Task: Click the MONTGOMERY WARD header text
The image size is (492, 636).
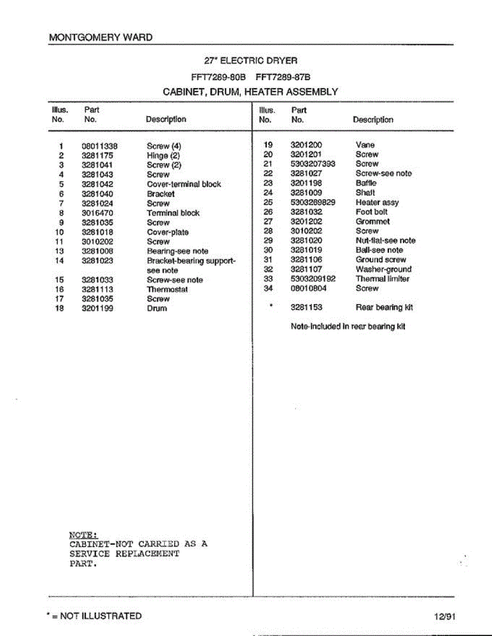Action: tap(100, 38)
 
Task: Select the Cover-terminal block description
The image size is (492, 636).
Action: tap(184, 184)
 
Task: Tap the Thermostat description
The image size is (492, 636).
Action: tap(167, 289)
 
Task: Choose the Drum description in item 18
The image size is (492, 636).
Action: tap(157, 308)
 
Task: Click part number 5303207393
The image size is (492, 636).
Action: tap(313, 164)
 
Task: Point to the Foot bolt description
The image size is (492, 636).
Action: tap(372, 212)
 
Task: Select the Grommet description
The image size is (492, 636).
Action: tap(373, 222)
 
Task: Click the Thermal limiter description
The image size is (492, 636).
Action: tap(382, 279)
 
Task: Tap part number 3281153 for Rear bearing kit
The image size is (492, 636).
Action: tap(306, 307)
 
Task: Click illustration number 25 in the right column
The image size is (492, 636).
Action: tap(267, 202)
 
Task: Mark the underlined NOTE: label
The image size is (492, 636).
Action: tap(84, 534)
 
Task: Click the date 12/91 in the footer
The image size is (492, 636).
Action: tap(444, 616)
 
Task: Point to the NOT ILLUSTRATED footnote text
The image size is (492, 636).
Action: tap(100, 616)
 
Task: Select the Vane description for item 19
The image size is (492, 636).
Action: tap(365, 145)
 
